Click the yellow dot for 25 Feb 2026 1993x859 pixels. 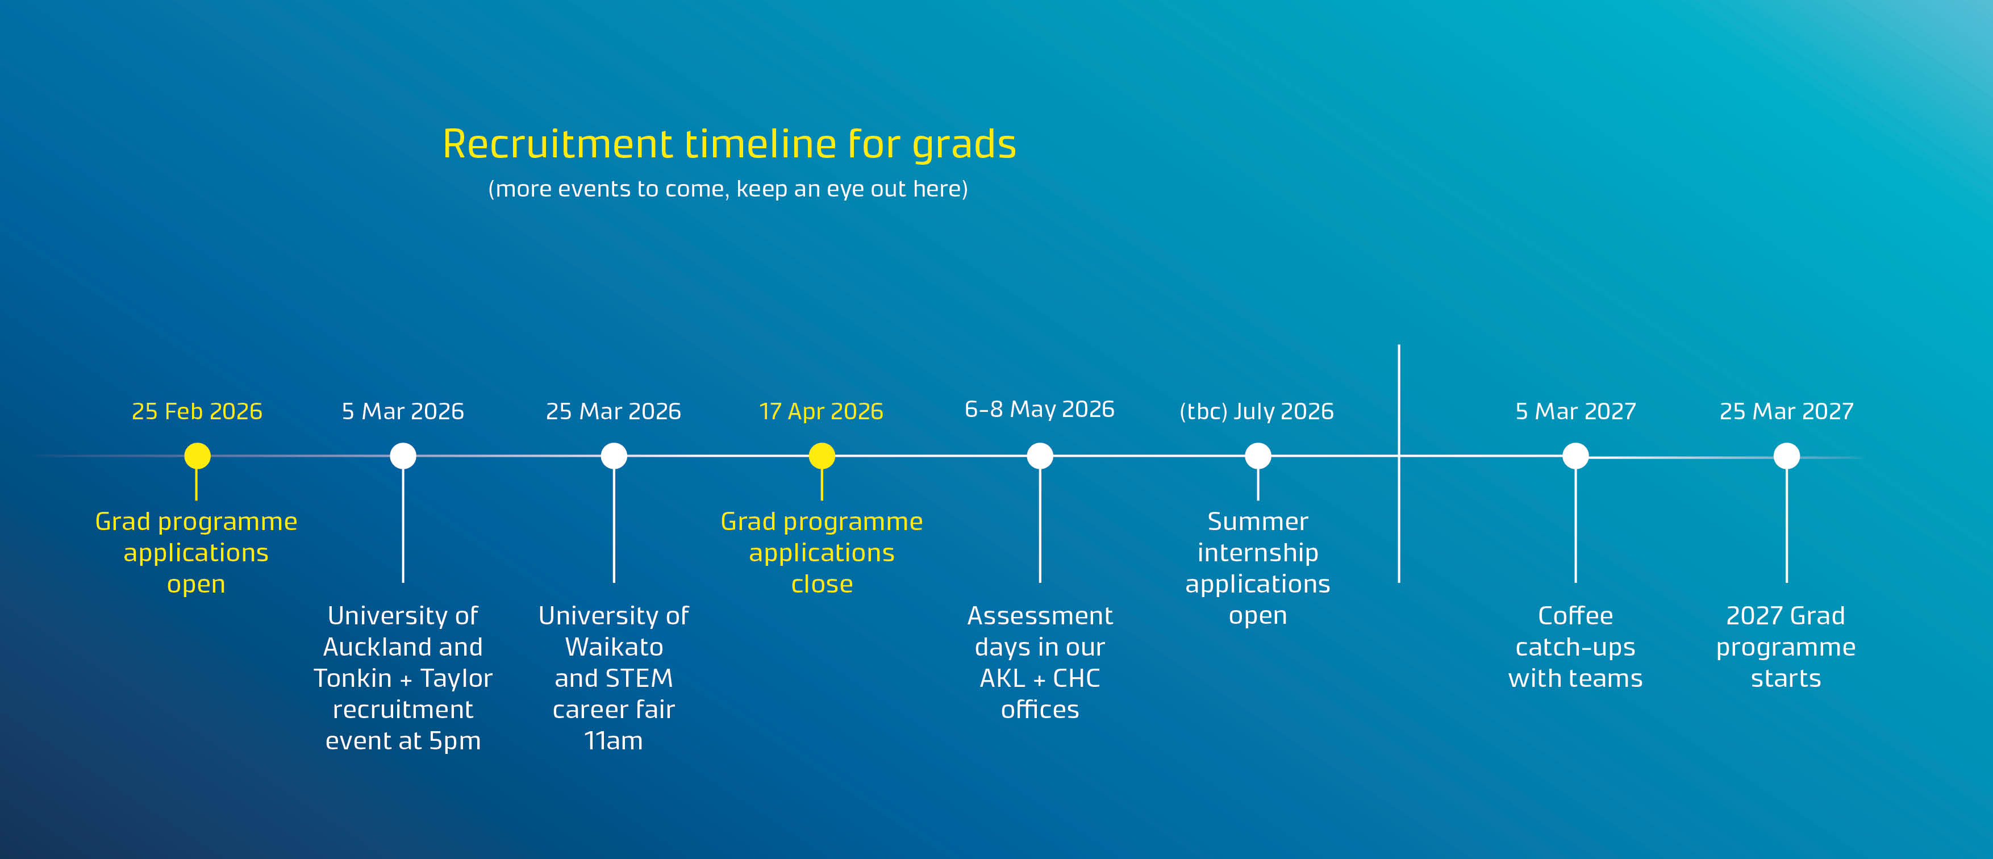(197, 456)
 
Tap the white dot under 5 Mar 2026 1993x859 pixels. (403, 456)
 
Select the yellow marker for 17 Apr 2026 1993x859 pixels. (822, 456)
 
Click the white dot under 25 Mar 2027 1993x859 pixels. (1786, 456)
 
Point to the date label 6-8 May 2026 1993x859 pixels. (1039, 410)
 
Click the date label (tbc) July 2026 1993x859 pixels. (1257, 411)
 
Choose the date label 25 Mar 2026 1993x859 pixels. (614, 411)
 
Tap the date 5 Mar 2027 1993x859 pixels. (1575, 411)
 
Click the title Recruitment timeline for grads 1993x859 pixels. (729, 145)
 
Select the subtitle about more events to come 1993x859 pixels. (728, 189)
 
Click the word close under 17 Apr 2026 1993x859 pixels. (822, 584)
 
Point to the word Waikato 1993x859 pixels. (614, 647)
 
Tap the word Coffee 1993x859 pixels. (1575, 616)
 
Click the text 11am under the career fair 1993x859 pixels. (614, 741)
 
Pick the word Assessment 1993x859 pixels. (1040, 616)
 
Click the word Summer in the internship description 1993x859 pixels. (1258, 522)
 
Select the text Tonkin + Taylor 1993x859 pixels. (403, 679)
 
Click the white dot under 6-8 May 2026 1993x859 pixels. (1040, 456)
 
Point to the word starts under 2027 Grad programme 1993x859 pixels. (1786, 679)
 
